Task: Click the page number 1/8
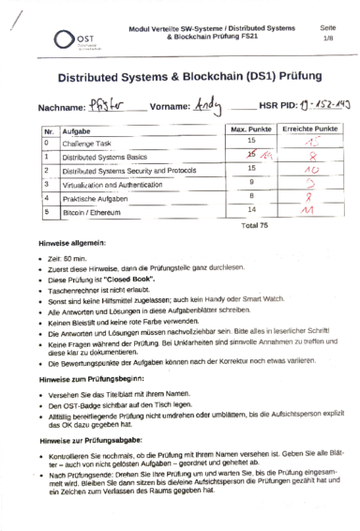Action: click(x=328, y=38)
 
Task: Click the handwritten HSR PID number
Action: click(x=313, y=107)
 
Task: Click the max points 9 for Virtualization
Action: click(x=251, y=182)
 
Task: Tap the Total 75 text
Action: click(x=254, y=226)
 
